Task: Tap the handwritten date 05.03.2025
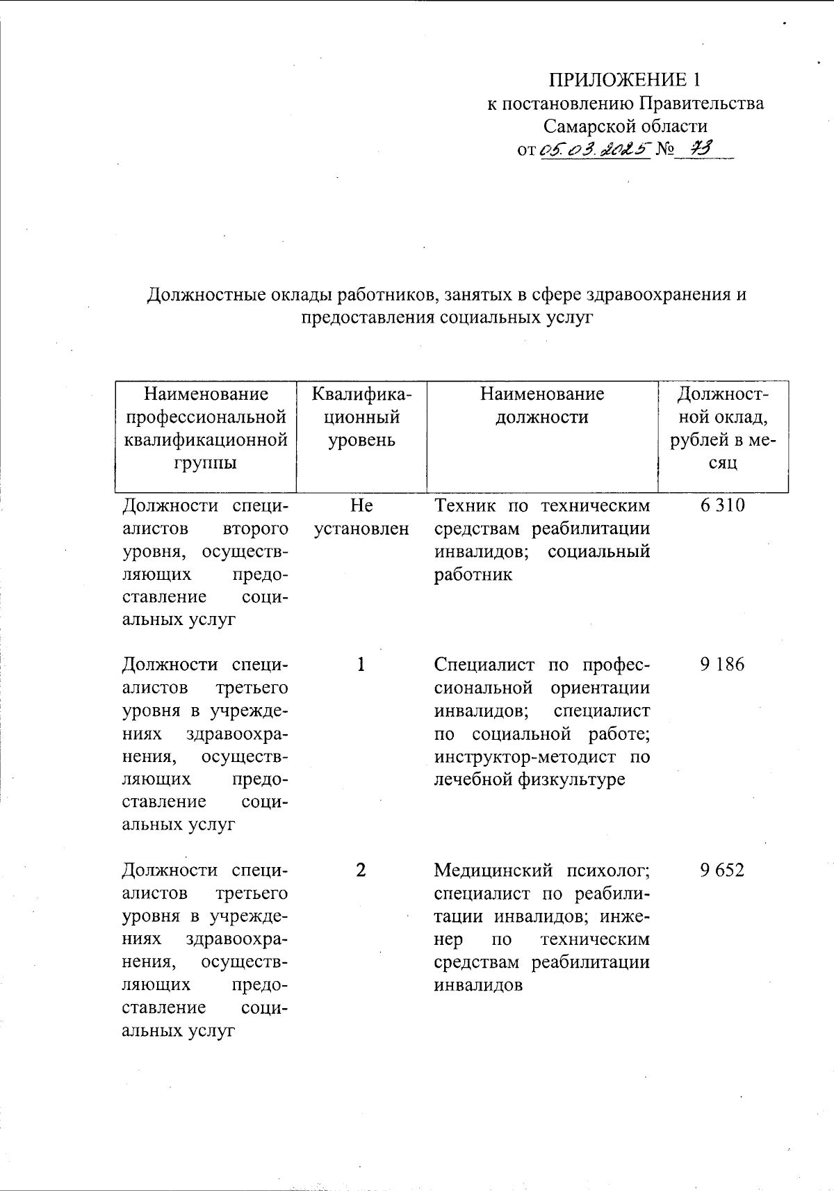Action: tap(594, 149)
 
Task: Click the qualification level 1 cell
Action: tap(361, 665)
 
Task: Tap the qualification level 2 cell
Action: tap(361, 870)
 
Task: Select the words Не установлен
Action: tap(361, 517)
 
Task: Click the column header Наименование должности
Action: tap(542, 406)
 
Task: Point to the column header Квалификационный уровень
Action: tap(361, 417)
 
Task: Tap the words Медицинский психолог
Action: tap(541, 870)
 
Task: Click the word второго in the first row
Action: tap(256, 528)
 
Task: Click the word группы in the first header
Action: tap(206, 463)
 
